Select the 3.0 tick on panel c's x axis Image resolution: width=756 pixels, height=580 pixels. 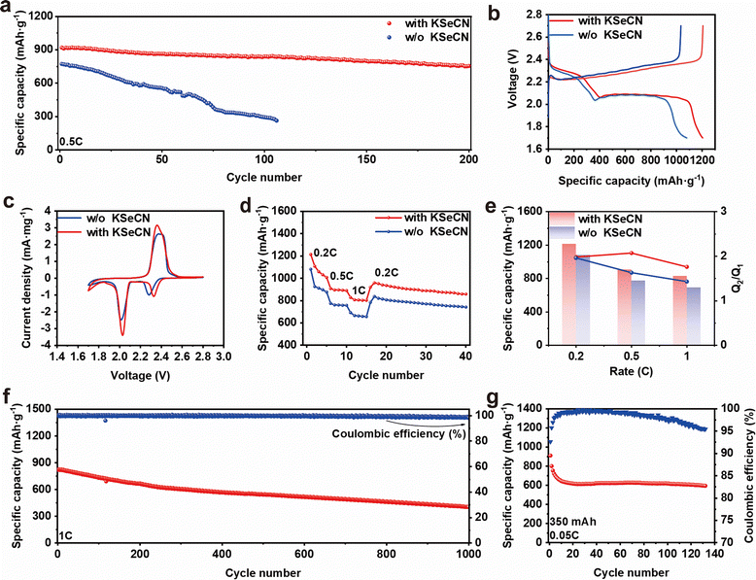tap(223, 357)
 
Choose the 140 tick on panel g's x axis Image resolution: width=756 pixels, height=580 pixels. tap(714, 554)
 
